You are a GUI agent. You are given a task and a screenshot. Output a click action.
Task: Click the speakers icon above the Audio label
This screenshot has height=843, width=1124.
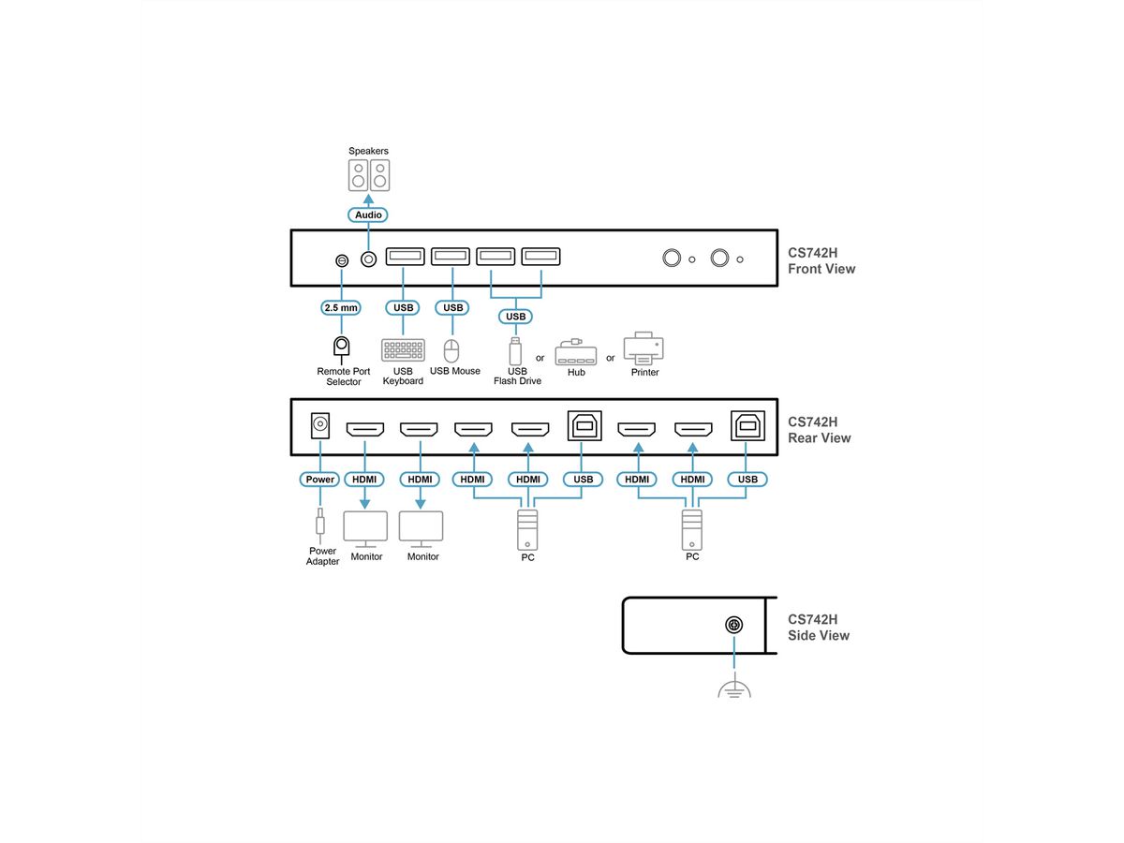point(368,175)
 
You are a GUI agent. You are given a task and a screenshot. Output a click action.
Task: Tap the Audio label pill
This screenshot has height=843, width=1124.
point(368,215)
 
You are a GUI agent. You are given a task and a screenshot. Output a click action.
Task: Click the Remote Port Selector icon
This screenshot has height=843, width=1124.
point(342,348)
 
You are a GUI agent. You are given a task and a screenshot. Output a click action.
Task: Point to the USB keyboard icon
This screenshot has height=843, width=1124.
point(403,350)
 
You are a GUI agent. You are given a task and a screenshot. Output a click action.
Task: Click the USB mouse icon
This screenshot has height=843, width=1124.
point(452,350)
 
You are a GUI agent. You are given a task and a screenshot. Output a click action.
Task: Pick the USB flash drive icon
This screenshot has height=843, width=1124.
point(514,351)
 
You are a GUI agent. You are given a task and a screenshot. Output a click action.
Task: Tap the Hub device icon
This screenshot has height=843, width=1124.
point(575,353)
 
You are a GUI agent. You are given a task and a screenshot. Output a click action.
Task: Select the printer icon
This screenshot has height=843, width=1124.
point(644,348)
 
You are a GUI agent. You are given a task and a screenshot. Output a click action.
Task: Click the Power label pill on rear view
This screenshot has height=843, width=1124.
point(320,480)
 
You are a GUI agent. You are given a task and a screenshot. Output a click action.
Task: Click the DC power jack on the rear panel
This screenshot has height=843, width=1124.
point(320,426)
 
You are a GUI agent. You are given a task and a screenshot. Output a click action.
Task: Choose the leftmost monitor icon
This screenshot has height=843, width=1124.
point(365,529)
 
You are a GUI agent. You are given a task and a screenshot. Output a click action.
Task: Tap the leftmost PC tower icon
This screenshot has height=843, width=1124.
point(527,529)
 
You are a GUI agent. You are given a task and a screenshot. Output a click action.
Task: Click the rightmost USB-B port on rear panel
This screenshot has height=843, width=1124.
point(747,426)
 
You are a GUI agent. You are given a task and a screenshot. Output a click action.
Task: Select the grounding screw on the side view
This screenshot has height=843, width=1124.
point(735,626)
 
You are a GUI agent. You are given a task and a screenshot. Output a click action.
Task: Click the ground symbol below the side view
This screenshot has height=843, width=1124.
point(735,689)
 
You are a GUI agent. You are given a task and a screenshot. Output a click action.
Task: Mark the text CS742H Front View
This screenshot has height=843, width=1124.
point(821,260)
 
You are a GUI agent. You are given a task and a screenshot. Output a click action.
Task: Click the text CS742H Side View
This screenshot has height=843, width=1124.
point(819,627)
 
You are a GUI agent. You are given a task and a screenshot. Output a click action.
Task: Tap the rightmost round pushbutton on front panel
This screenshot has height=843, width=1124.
point(720,259)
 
